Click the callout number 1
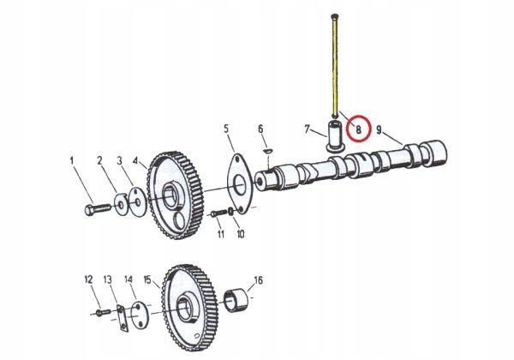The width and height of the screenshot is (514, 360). point(73,159)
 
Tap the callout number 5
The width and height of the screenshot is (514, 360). point(227,129)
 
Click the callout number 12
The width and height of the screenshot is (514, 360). point(87,279)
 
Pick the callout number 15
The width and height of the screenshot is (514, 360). point(146,279)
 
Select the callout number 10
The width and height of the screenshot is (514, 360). point(240,233)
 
